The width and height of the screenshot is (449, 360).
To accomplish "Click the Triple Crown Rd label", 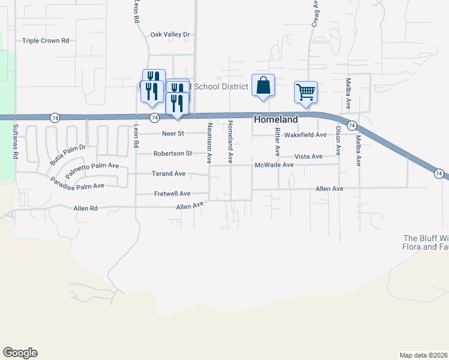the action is click(x=46, y=41).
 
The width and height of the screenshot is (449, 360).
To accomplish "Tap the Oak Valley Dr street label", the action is click(x=170, y=35).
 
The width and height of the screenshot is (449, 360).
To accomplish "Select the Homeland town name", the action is click(x=276, y=119).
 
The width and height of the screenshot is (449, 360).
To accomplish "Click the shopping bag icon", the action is click(x=263, y=85).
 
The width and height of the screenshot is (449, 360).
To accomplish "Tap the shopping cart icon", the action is click(x=306, y=92).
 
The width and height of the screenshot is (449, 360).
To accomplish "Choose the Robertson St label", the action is click(x=172, y=153).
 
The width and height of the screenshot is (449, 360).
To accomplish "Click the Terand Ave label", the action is click(x=169, y=173).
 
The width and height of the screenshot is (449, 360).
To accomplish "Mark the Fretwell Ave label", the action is click(x=172, y=193).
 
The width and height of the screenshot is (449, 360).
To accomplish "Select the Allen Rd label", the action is click(x=85, y=209).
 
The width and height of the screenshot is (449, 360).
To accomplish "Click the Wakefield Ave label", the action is click(x=305, y=135).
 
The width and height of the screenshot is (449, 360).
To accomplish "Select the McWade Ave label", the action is click(x=274, y=164).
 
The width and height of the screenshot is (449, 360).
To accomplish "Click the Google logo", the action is click(x=20, y=353).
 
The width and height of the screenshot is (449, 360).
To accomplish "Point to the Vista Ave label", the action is click(x=308, y=156).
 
